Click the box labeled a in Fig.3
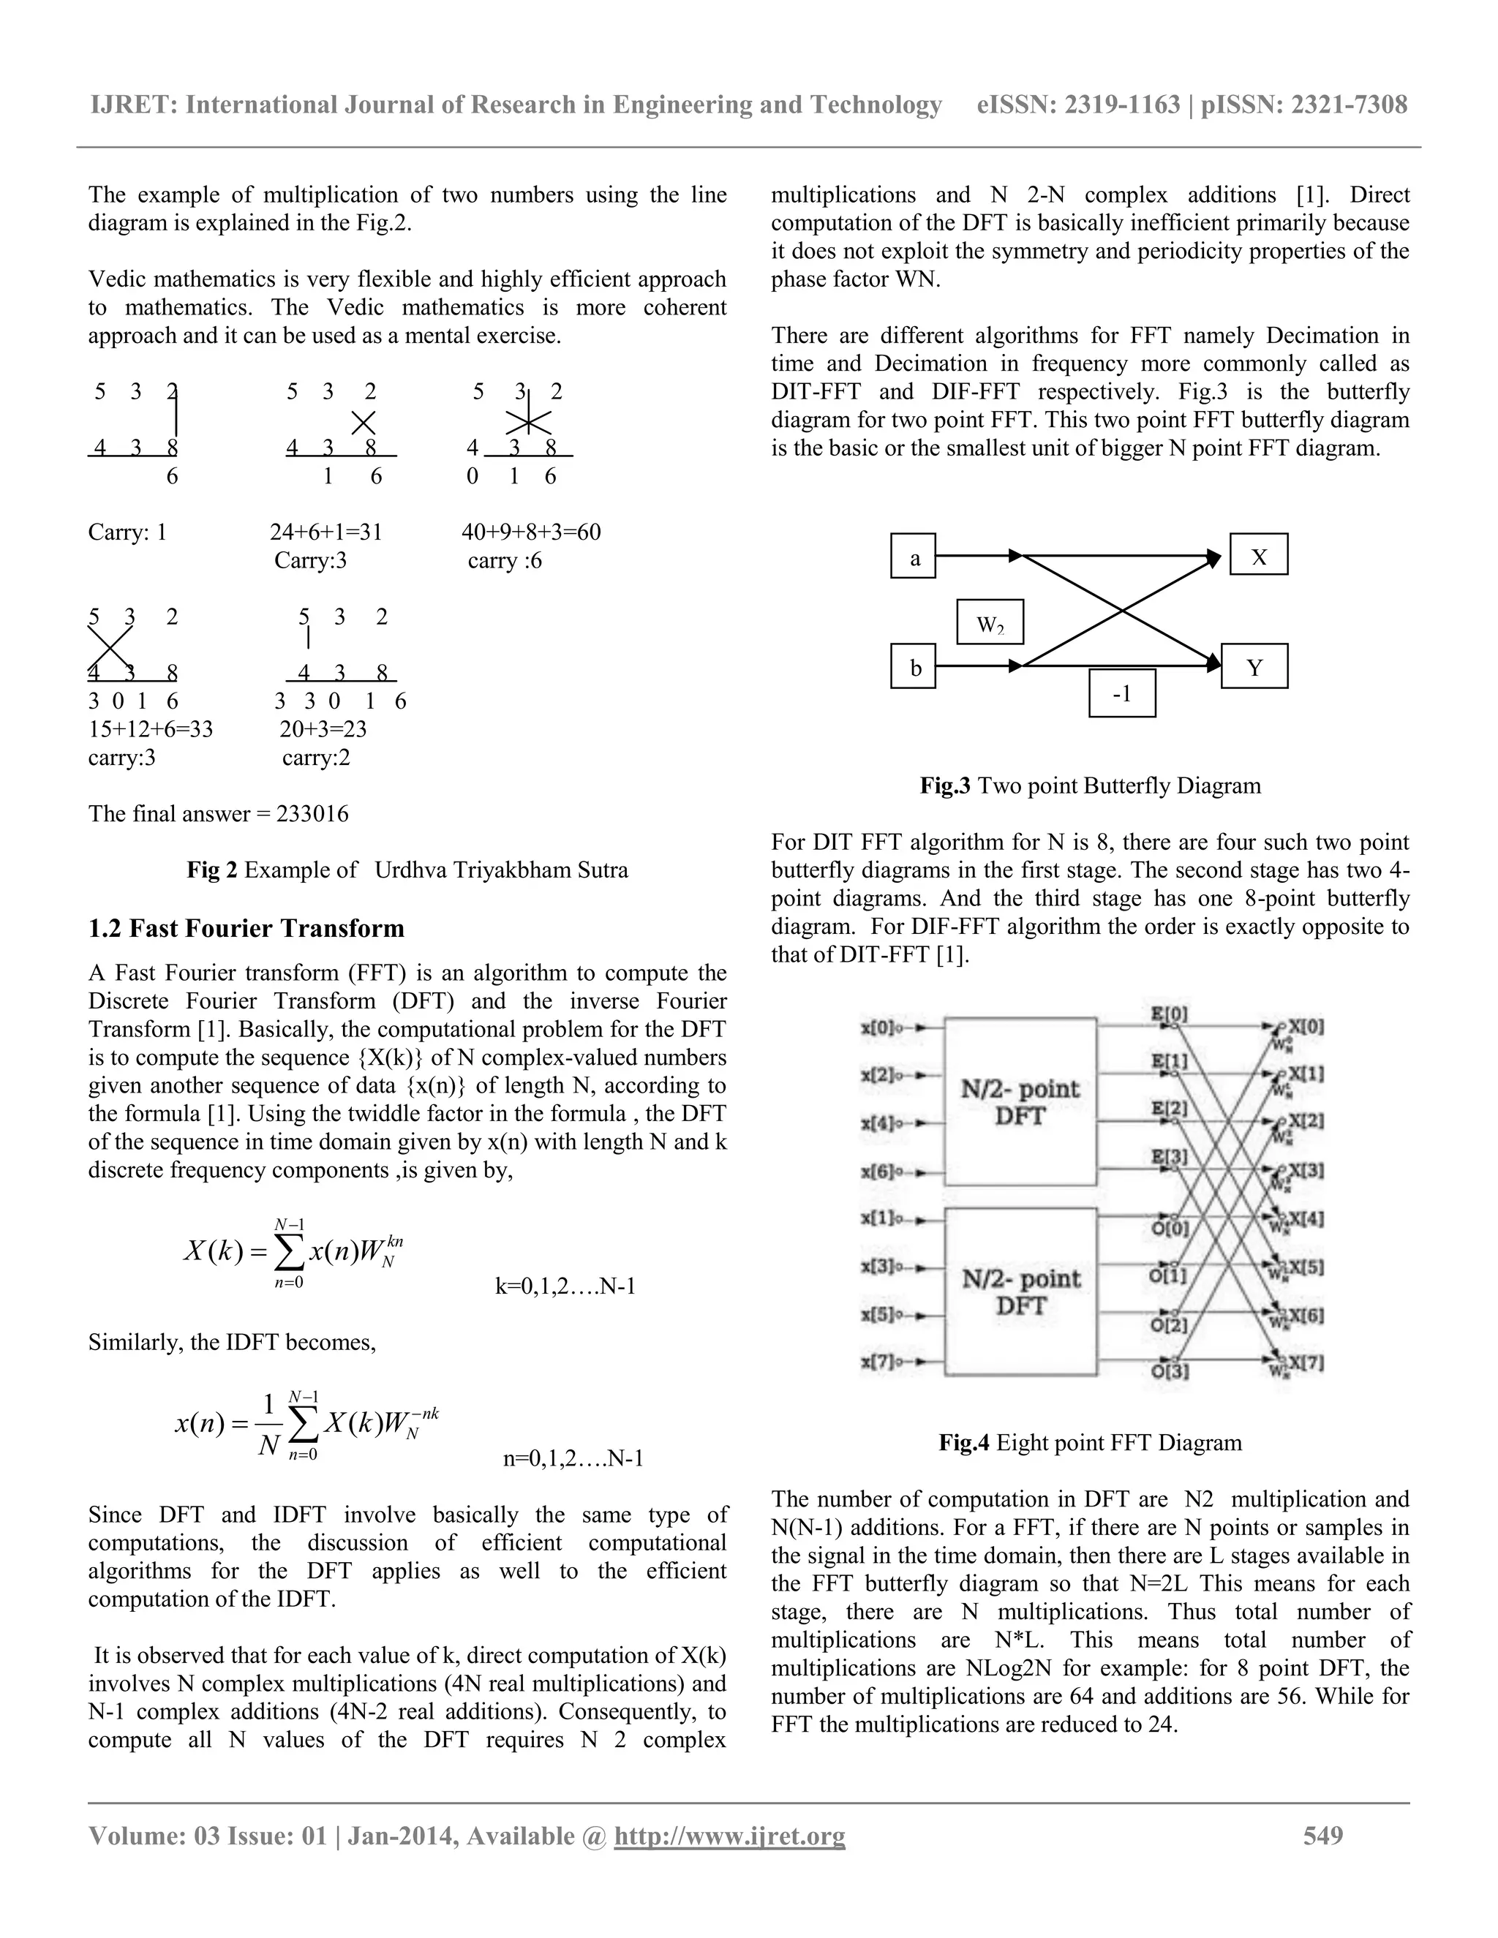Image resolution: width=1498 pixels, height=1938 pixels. (x=913, y=557)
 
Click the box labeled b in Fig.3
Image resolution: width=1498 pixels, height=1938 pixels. (x=913, y=666)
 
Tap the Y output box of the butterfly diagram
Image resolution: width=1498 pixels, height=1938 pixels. (x=1254, y=666)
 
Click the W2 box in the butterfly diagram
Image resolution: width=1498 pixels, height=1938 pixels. (x=990, y=623)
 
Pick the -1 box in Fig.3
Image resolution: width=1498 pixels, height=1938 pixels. (x=1122, y=693)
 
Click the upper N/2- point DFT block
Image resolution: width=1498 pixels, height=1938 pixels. (x=1020, y=1101)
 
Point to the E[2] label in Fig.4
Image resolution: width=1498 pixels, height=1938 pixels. (x=1169, y=1108)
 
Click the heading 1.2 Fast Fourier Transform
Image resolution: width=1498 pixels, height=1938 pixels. (x=246, y=928)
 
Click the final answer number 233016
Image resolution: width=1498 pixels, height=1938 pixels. (x=312, y=814)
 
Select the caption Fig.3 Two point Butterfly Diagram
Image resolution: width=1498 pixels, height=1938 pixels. (x=1090, y=785)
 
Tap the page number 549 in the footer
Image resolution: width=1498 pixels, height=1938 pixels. (x=1322, y=1835)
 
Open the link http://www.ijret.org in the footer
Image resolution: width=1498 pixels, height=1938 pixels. (x=729, y=1835)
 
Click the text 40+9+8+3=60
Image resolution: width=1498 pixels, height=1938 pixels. (x=531, y=532)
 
